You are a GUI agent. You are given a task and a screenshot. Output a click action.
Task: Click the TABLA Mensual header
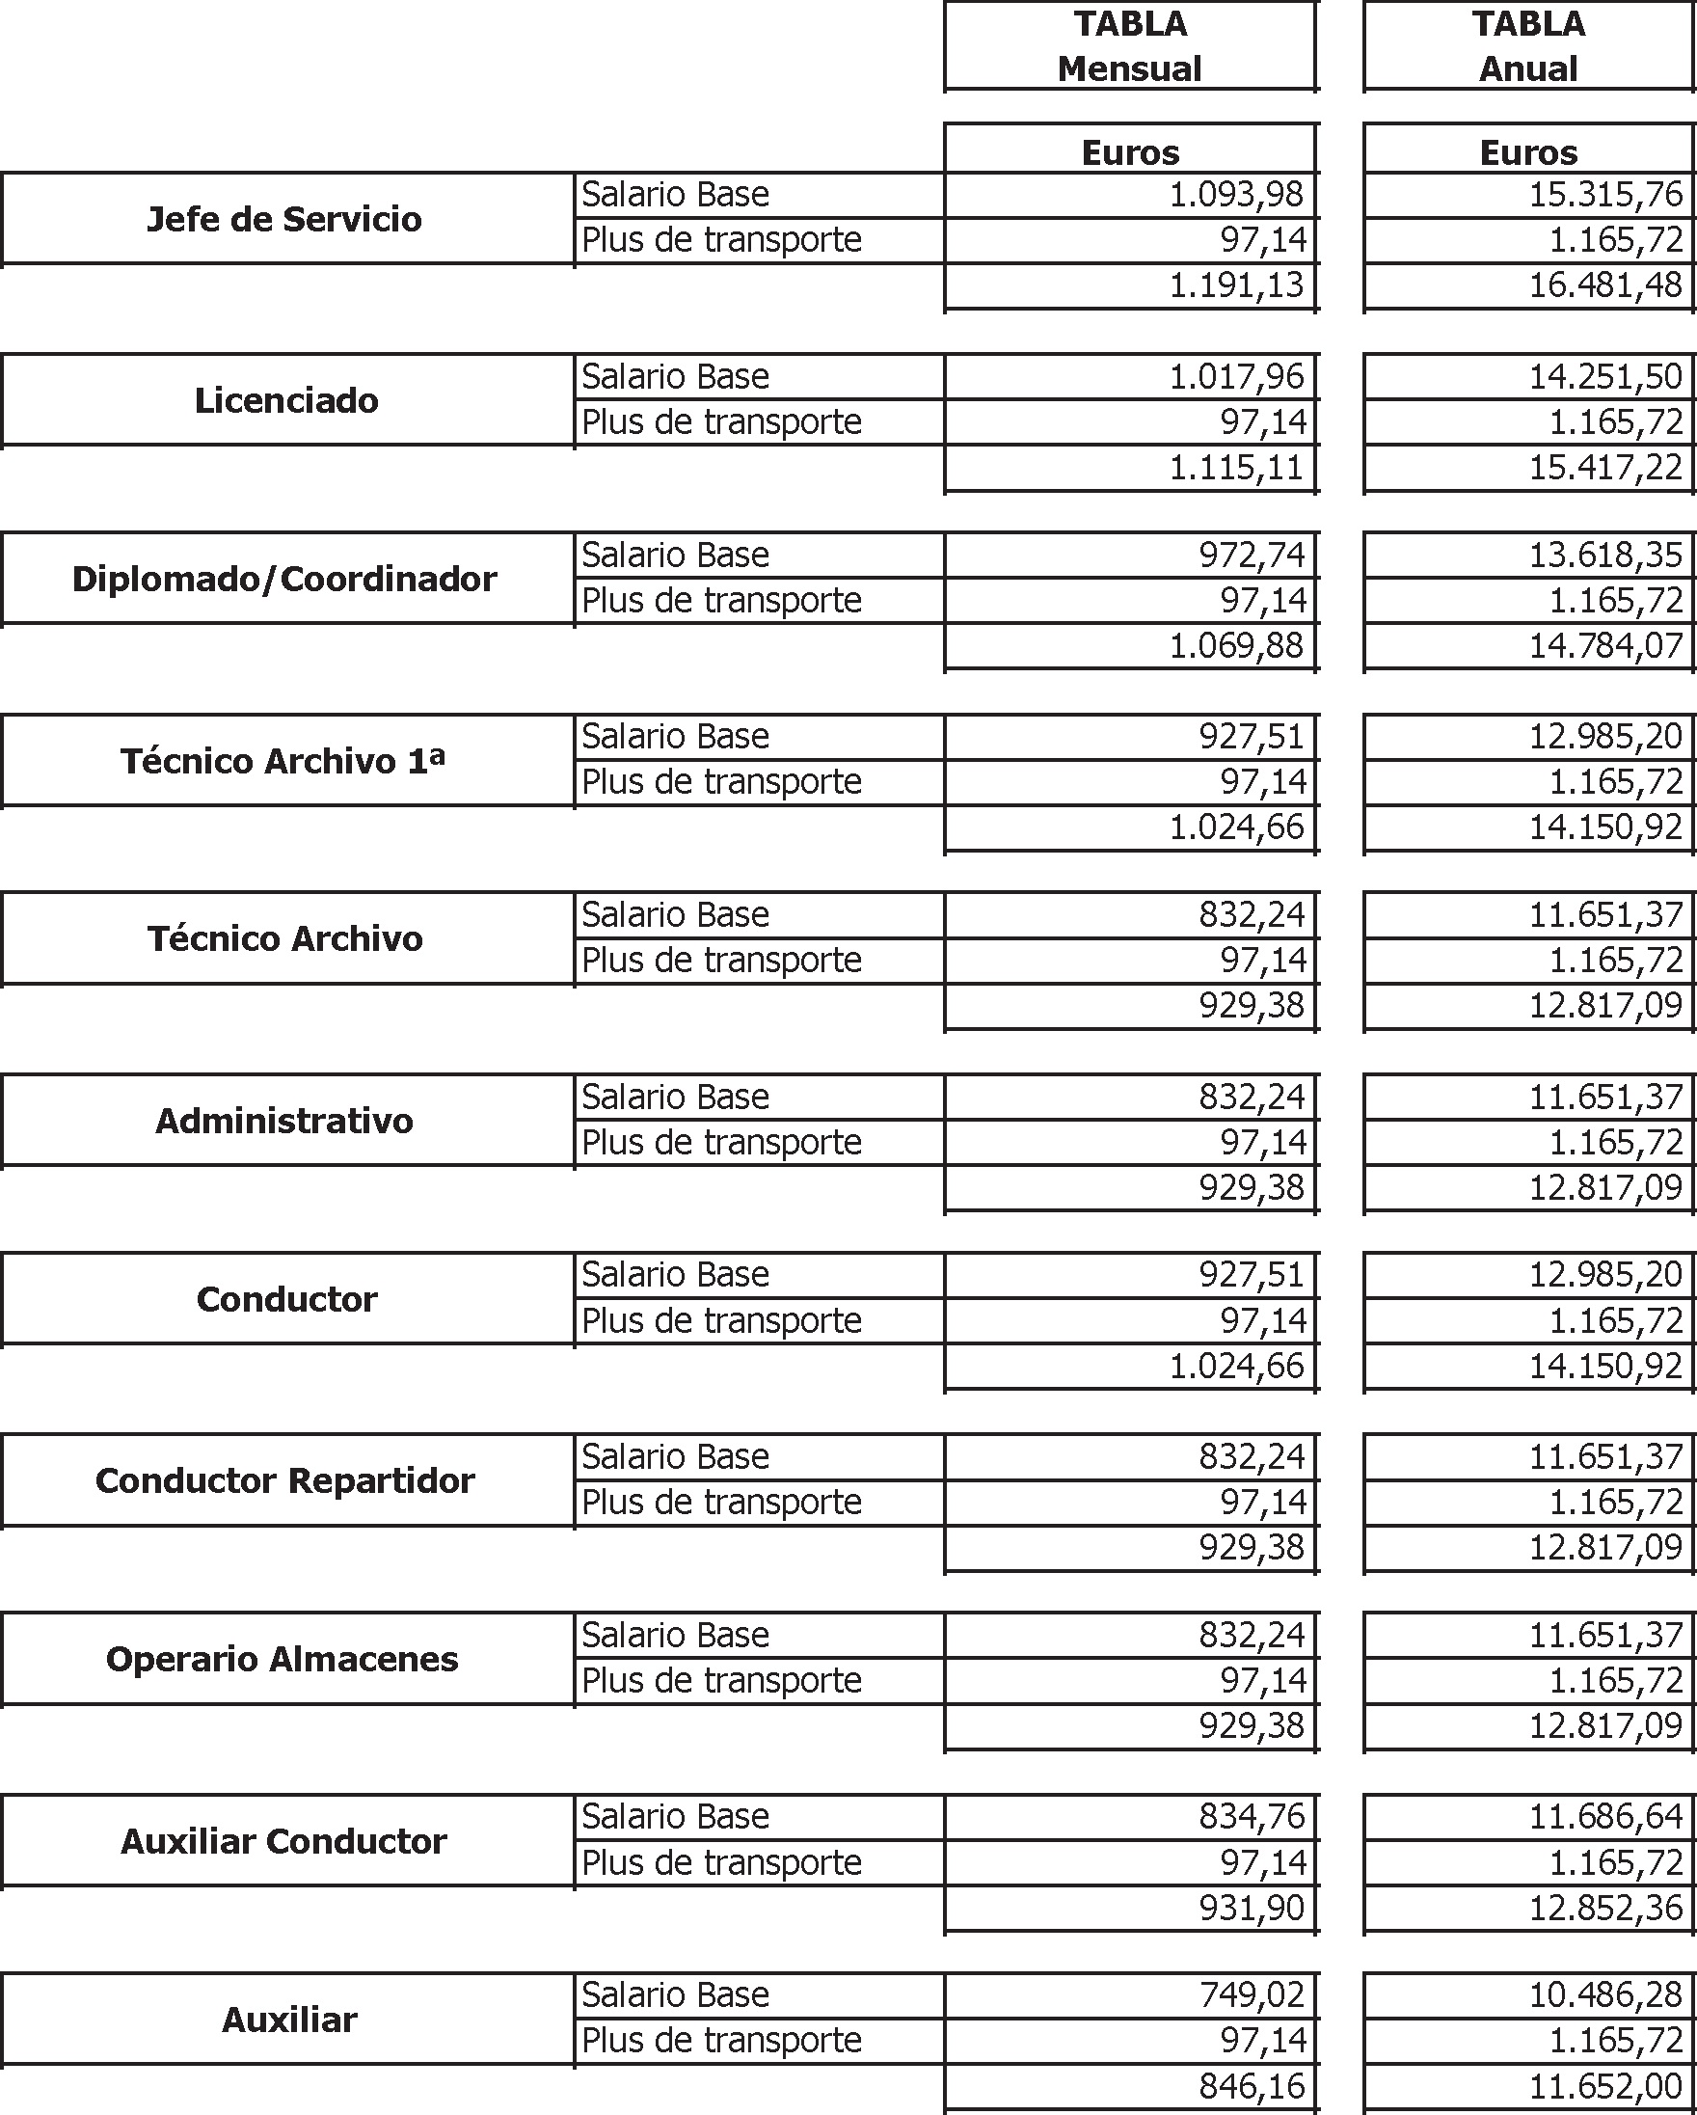[1129, 46]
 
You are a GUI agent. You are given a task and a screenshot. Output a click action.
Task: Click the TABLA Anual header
[1528, 46]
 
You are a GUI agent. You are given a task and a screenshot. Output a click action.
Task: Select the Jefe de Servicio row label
[284, 219]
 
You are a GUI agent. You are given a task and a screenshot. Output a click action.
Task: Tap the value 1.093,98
[1235, 194]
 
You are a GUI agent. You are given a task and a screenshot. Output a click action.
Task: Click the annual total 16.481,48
[1604, 285]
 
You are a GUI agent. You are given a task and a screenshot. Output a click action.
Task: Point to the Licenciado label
[286, 400]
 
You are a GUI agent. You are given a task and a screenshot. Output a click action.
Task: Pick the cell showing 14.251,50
[1604, 377]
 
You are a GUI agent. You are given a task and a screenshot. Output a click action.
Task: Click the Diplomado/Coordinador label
[284, 579]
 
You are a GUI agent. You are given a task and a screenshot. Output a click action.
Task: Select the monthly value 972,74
[1251, 556]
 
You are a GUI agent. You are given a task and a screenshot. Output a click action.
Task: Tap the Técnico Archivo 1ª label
[283, 760]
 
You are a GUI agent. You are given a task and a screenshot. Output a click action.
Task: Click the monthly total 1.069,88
[1235, 645]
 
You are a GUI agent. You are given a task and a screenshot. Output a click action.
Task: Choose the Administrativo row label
[284, 1121]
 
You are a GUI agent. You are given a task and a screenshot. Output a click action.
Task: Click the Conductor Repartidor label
[284, 1480]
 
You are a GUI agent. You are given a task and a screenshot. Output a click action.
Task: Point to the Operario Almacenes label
[283, 1659]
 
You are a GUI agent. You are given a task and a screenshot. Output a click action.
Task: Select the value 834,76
[1251, 1817]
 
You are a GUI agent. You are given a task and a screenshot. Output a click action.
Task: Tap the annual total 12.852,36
[1604, 1908]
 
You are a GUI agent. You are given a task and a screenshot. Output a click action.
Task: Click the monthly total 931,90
[1251, 1908]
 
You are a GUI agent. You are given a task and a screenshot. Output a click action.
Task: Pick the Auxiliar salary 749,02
[1251, 1995]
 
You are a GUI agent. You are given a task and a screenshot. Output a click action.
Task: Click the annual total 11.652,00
[1604, 2087]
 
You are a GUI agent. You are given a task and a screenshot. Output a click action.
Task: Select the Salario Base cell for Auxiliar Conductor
[675, 1817]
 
